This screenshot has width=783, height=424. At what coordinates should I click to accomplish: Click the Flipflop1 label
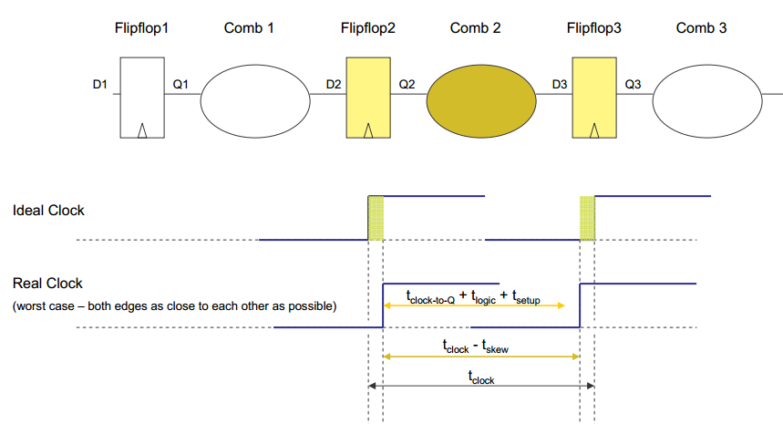coord(143,28)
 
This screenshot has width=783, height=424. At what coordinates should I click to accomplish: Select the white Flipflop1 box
coord(143,98)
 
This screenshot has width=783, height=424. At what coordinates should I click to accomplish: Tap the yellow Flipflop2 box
coord(367,98)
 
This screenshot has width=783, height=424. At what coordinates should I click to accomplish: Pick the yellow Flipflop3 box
coord(593,98)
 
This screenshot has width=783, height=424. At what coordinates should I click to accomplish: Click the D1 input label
coord(100,86)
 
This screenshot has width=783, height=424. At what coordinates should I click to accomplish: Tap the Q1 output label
coord(180,86)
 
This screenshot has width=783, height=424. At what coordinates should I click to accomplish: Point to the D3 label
coord(560,86)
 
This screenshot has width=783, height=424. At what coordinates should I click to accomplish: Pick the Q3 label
coord(633,86)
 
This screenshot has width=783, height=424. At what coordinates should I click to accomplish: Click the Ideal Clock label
coord(48,211)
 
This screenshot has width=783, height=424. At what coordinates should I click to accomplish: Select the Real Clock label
coord(47,284)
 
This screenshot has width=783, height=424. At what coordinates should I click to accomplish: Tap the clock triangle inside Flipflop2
coord(367,130)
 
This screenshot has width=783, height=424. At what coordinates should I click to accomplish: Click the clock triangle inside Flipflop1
coord(143,130)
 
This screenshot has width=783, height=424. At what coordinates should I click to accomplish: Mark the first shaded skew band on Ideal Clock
coord(376,218)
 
